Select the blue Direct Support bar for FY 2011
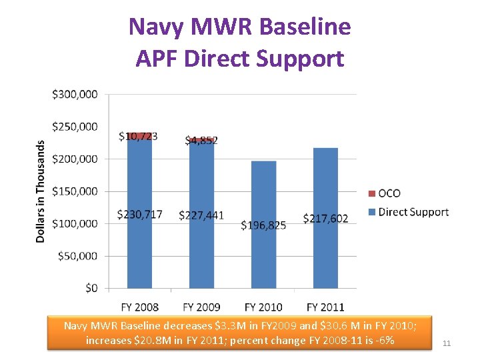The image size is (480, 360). point(325,253)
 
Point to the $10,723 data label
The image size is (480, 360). point(138,137)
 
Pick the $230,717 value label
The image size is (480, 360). point(139,215)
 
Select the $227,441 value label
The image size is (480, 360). point(201,215)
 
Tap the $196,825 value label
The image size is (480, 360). point(263,225)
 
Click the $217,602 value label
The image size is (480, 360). point(325,219)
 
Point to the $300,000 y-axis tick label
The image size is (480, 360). point(75,95)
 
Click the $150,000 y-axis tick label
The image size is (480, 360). point(75,191)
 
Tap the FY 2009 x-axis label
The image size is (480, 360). point(201,307)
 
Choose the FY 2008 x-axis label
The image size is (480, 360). point(139,307)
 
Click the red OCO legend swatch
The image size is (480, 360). point(371,193)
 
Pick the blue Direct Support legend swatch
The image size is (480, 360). point(371,212)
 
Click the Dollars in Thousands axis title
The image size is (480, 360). point(41,191)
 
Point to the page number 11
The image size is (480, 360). point(447,343)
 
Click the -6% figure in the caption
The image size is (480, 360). point(385,341)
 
